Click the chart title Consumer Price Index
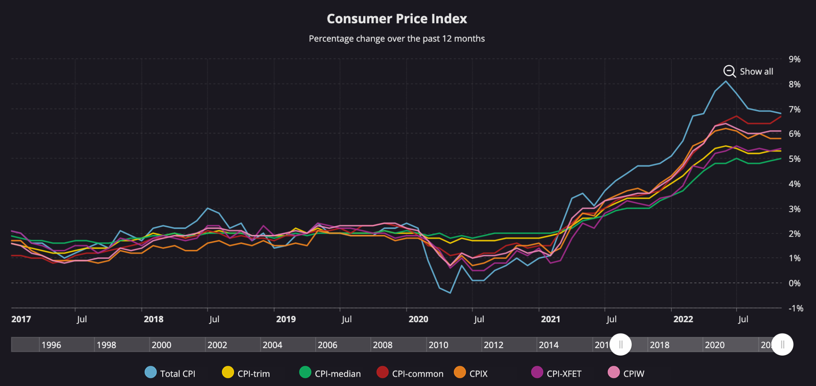click(x=397, y=19)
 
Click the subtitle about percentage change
click(x=397, y=39)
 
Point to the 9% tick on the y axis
click(x=794, y=59)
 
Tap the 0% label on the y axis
click(x=794, y=283)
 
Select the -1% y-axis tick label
click(x=796, y=308)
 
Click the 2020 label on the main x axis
click(x=418, y=319)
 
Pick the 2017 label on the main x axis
click(x=21, y=319)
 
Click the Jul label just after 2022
click(x=743, y=319)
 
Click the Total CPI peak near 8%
click(x=725, y=81)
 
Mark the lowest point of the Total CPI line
click(x=450, y=293)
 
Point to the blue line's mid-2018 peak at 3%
click(x=208, y=208)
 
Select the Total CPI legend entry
click(x=170, y=373)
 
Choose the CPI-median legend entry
click(x=330, y=373)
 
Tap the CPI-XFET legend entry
click(x=556, y=373)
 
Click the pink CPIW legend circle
click(x=613, y=372)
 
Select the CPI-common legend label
click(x=417, y=373)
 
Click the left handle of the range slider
click(x=621, y=344)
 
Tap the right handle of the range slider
click(x=782, y=344)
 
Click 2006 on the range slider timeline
click(x=327, y=345)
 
